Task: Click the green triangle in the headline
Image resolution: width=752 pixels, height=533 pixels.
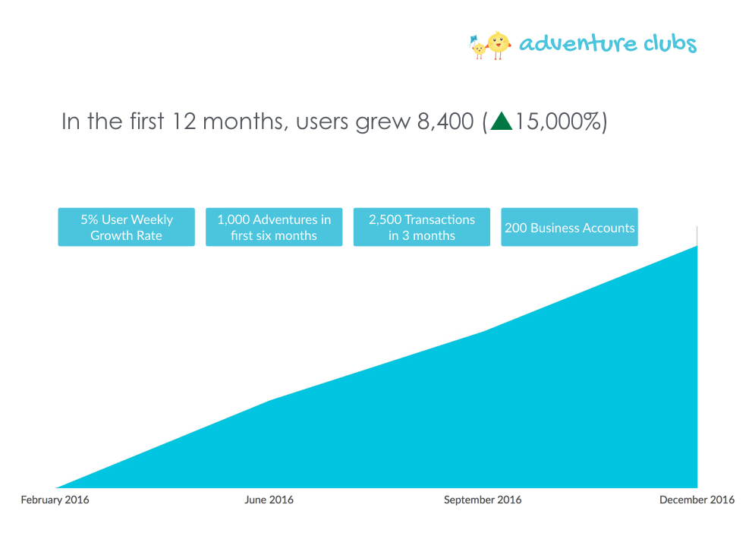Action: (x=501, y=121)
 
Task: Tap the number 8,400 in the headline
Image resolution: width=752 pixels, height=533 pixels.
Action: (x=445, y=121)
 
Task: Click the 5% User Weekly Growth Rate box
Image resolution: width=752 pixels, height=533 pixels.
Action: (x=127, y=227)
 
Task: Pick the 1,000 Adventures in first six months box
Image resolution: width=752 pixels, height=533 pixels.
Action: (x=274, y=227)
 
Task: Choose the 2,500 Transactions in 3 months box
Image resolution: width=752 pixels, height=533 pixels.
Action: (x=422, y=227)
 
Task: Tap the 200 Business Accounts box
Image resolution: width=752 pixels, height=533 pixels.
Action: (x=569, y=227)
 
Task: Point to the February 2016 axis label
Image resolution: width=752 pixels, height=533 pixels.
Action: (x=55, y=500)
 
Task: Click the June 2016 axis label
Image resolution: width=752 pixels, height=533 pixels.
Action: (x=269, y=500)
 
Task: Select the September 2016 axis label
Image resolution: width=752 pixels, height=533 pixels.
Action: (x=483, y=500)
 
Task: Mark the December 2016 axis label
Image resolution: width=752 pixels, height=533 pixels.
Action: (x=697, y=500)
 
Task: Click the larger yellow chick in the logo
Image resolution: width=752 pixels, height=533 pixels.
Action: (x=499, y=45)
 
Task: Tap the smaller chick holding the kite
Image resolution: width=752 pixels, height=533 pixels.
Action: (x=478, y=48)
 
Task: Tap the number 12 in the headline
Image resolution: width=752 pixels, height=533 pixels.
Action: (x=184, y=121)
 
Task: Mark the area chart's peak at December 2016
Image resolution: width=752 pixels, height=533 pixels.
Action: (x=697, y=246)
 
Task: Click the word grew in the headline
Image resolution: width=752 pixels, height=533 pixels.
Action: (x=382, y=124)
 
